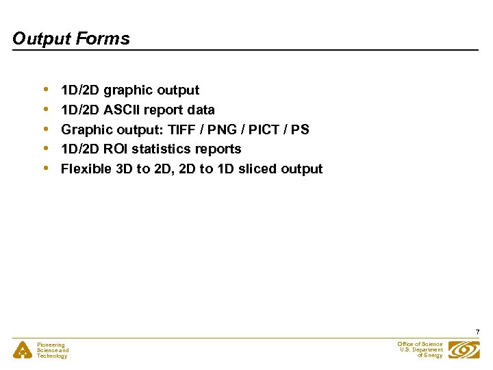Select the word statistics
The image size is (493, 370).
point(164,149)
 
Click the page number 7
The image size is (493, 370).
point(477,332)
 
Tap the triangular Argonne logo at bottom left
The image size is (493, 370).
point(22,350)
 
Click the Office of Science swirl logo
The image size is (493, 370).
point(464,349)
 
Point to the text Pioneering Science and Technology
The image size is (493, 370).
point(53,350)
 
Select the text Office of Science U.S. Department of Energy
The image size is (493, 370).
point(420,349)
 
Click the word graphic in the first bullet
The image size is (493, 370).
point(128,90)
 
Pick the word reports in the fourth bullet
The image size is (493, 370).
point(218,149)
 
